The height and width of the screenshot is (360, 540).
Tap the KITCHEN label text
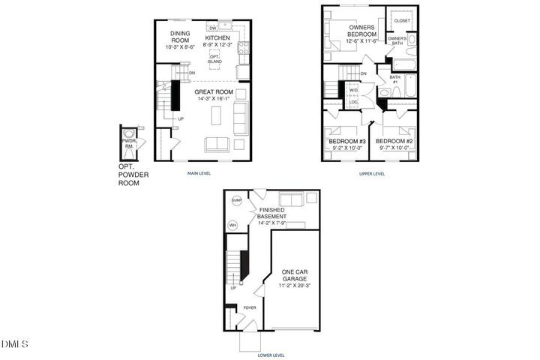[x=218, y=37]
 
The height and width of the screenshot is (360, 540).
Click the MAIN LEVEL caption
[x=199, y=173]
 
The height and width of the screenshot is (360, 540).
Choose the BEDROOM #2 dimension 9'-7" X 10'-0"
[x=394, y=148]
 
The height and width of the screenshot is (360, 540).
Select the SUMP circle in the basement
[x=236, y=201]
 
